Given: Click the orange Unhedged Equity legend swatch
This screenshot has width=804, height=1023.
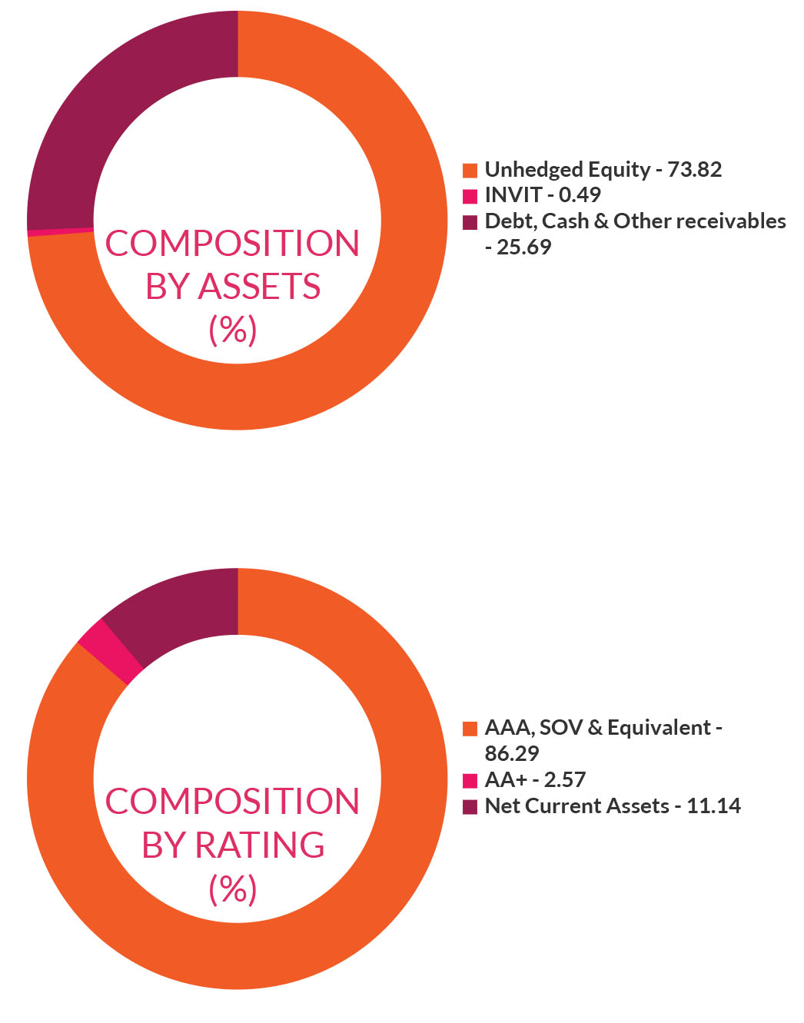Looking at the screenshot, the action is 470,171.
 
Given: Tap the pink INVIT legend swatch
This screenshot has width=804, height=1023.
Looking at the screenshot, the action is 470,196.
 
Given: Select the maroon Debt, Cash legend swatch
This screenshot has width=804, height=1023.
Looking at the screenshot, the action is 470,222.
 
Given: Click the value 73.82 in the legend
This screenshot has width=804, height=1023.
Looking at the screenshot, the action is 694,170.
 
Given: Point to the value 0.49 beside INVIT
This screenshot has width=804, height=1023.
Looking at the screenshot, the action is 580,195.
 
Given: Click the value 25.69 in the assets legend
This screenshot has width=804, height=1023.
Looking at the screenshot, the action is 523,247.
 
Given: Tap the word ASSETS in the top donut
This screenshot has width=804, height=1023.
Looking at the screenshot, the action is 259,286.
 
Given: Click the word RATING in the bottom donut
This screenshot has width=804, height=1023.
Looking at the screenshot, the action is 260,845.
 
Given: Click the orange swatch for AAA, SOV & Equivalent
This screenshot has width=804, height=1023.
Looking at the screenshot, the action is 470,729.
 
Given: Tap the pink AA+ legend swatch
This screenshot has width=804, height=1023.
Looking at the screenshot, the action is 470,781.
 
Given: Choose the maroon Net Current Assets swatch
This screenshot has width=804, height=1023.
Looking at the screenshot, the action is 470,806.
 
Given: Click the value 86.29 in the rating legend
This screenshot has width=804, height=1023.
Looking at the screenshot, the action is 512,754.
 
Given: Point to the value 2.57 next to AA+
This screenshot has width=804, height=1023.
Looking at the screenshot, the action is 564,779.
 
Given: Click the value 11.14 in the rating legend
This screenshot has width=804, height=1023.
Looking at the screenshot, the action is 713,805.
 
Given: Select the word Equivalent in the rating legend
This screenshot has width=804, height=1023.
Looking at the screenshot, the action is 659,728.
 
